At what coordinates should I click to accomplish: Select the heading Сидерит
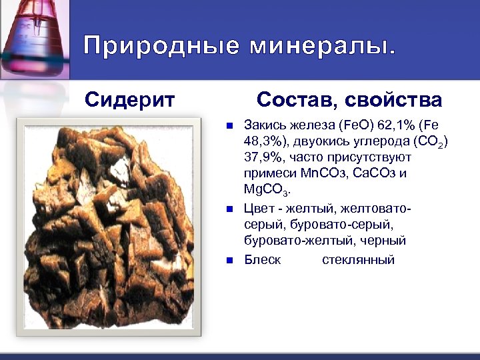click(131, 100)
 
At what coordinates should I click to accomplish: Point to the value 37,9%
click(263, 157)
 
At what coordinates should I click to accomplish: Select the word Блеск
click(263, 259)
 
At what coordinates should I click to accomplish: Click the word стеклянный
click(358, 259)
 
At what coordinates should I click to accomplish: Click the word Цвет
click(259, 209)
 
